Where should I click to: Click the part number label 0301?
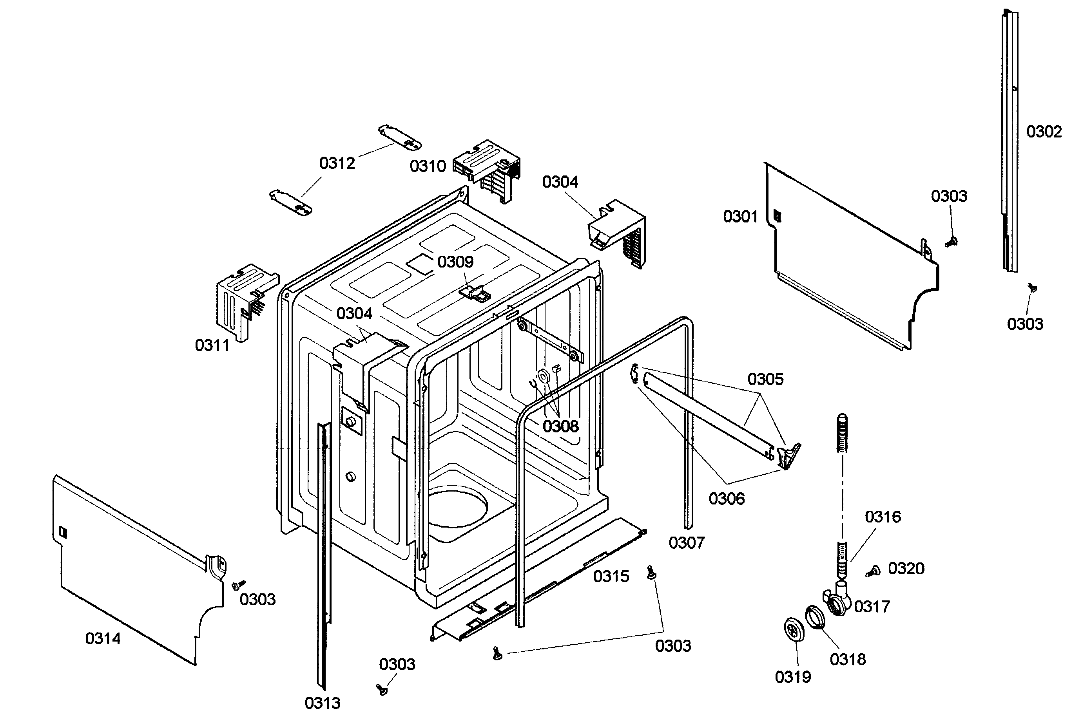coord(740,217)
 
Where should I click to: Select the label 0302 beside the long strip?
coord(1044,132)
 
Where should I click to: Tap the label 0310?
coord(427,166)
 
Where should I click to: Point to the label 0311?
coord(212,345)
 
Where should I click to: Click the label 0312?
coord(337,163)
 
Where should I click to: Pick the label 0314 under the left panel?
coord(103,639)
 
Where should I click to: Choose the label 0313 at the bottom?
coord(322,703)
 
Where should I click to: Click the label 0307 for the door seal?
coord(687,543)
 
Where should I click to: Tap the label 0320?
coord(906,569)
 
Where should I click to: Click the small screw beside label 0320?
coord(873,571)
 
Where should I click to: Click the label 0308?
coord(560,427)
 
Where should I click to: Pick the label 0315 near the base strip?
coord(611,577)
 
